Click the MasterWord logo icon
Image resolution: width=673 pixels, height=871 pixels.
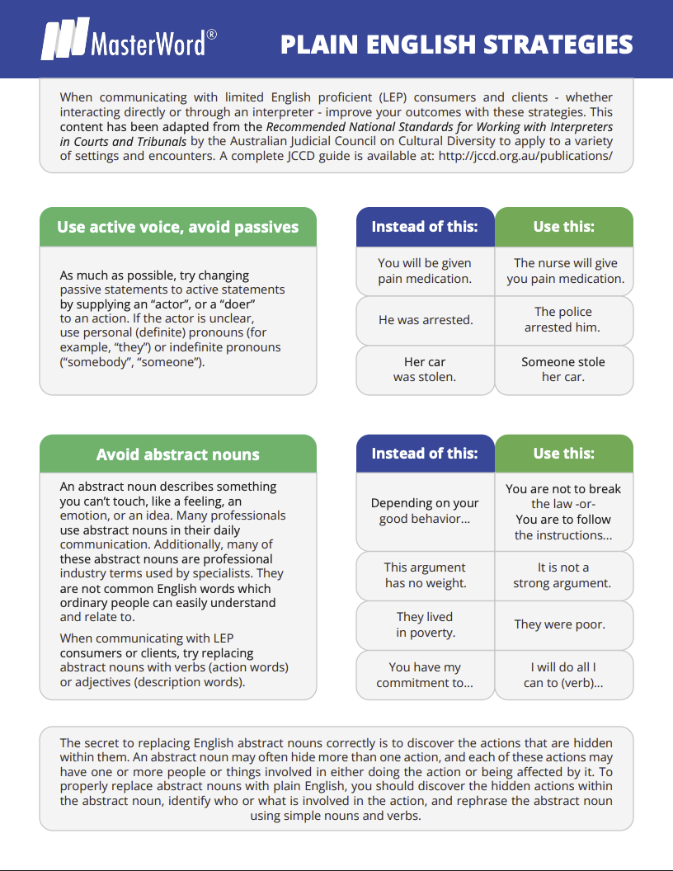point(64,40)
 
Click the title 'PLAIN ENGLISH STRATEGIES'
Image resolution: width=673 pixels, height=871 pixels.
point(457,44)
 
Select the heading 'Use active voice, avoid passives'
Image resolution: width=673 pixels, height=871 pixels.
point(178,227)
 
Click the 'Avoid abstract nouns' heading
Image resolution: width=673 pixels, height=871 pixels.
point(178,454)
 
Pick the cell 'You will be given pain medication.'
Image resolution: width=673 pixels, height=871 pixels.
point(425,271)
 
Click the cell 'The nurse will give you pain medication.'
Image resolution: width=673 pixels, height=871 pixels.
point(565,271)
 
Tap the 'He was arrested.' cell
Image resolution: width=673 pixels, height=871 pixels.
point(425,320)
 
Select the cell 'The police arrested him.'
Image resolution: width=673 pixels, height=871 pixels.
point(563,320)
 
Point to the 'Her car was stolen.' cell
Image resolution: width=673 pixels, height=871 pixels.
point(425,370)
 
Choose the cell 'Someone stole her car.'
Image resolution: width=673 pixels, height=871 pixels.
point(563,370)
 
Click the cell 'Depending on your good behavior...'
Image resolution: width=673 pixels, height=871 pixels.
point(425,511)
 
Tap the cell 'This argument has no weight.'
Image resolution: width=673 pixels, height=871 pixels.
point(425,575)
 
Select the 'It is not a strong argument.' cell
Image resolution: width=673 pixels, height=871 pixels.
point(563,575)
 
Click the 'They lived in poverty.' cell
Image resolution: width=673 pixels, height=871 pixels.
point(425,624)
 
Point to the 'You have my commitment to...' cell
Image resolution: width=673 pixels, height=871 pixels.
point(425,675)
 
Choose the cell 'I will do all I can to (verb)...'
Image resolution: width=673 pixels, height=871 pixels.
point(563,675)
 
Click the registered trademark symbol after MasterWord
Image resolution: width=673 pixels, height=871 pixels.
point(212,34)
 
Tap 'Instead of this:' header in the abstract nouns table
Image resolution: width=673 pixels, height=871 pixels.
point(425,453)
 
